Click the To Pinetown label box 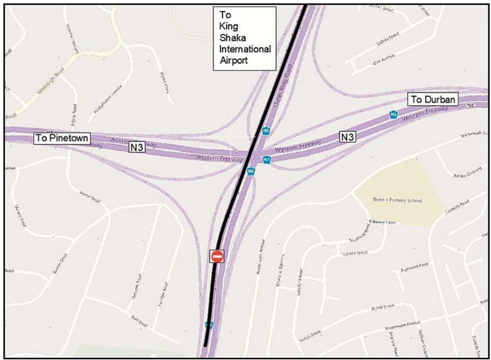(x=60, y=138)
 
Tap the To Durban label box (x=434, y=100)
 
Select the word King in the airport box (x=231, y=25)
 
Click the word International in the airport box (x=245, y=49)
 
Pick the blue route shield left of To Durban (x=393, y=115)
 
